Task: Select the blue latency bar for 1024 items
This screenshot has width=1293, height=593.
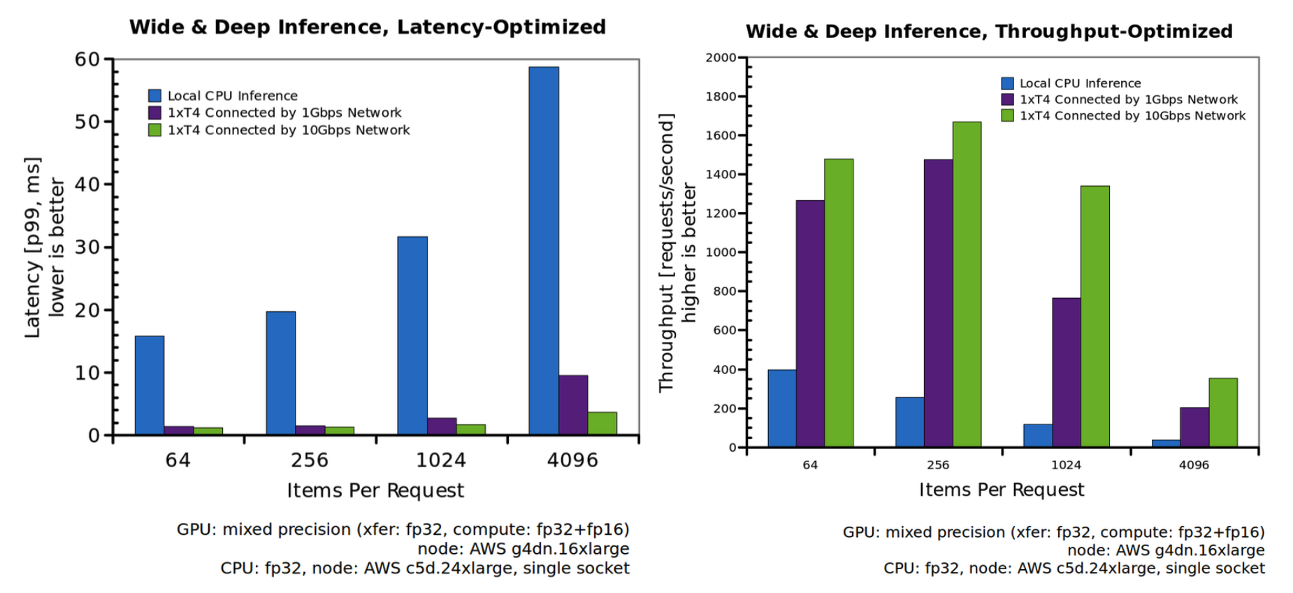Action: [412, 336]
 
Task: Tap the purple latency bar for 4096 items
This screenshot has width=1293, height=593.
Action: [573, 405]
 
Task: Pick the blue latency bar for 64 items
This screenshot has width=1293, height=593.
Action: [150, 385]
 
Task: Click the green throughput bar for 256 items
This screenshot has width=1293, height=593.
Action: [967, 285]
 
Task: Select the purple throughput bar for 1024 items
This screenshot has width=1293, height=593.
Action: [1066, 372]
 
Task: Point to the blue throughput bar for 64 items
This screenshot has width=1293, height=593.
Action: [781, 408]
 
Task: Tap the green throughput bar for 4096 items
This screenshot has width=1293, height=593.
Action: [1223, 413]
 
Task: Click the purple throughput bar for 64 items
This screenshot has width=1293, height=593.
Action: [810, 324]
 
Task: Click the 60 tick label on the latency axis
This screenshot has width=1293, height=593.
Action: [87, 59]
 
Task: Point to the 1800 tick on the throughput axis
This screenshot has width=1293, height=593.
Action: [721, 97]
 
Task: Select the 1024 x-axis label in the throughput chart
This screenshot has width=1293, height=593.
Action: [1066, 465]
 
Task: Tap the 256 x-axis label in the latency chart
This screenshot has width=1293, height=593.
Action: [309, 460]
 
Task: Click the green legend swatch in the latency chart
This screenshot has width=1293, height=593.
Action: [154, 130]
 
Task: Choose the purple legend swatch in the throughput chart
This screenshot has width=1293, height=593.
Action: [1007, 99]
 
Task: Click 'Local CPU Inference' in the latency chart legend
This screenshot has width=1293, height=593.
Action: [232, 96]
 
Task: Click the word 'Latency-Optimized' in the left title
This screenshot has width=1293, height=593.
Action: [501, 27]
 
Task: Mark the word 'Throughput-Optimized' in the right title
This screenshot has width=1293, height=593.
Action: [1113, 31]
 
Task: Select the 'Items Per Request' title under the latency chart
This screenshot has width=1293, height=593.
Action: [375, 491]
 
